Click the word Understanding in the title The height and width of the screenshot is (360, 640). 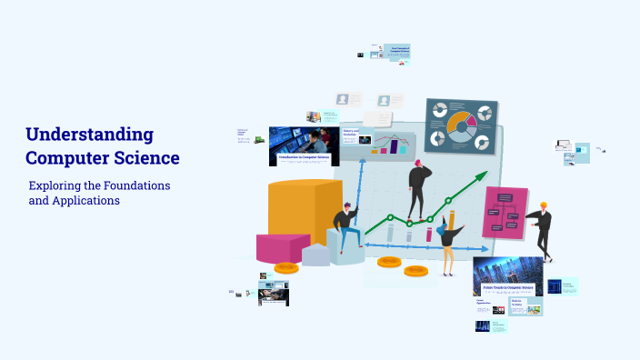point(89,135)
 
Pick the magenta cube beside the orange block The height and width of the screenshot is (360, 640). point(283,247)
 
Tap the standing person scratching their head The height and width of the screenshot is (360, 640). point(419,190)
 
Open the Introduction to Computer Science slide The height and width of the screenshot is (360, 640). point(304,145)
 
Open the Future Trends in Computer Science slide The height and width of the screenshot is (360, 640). point(507,276)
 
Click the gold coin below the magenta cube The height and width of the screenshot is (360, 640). point(286,268)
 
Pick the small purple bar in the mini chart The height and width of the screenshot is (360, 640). point(394,147)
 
